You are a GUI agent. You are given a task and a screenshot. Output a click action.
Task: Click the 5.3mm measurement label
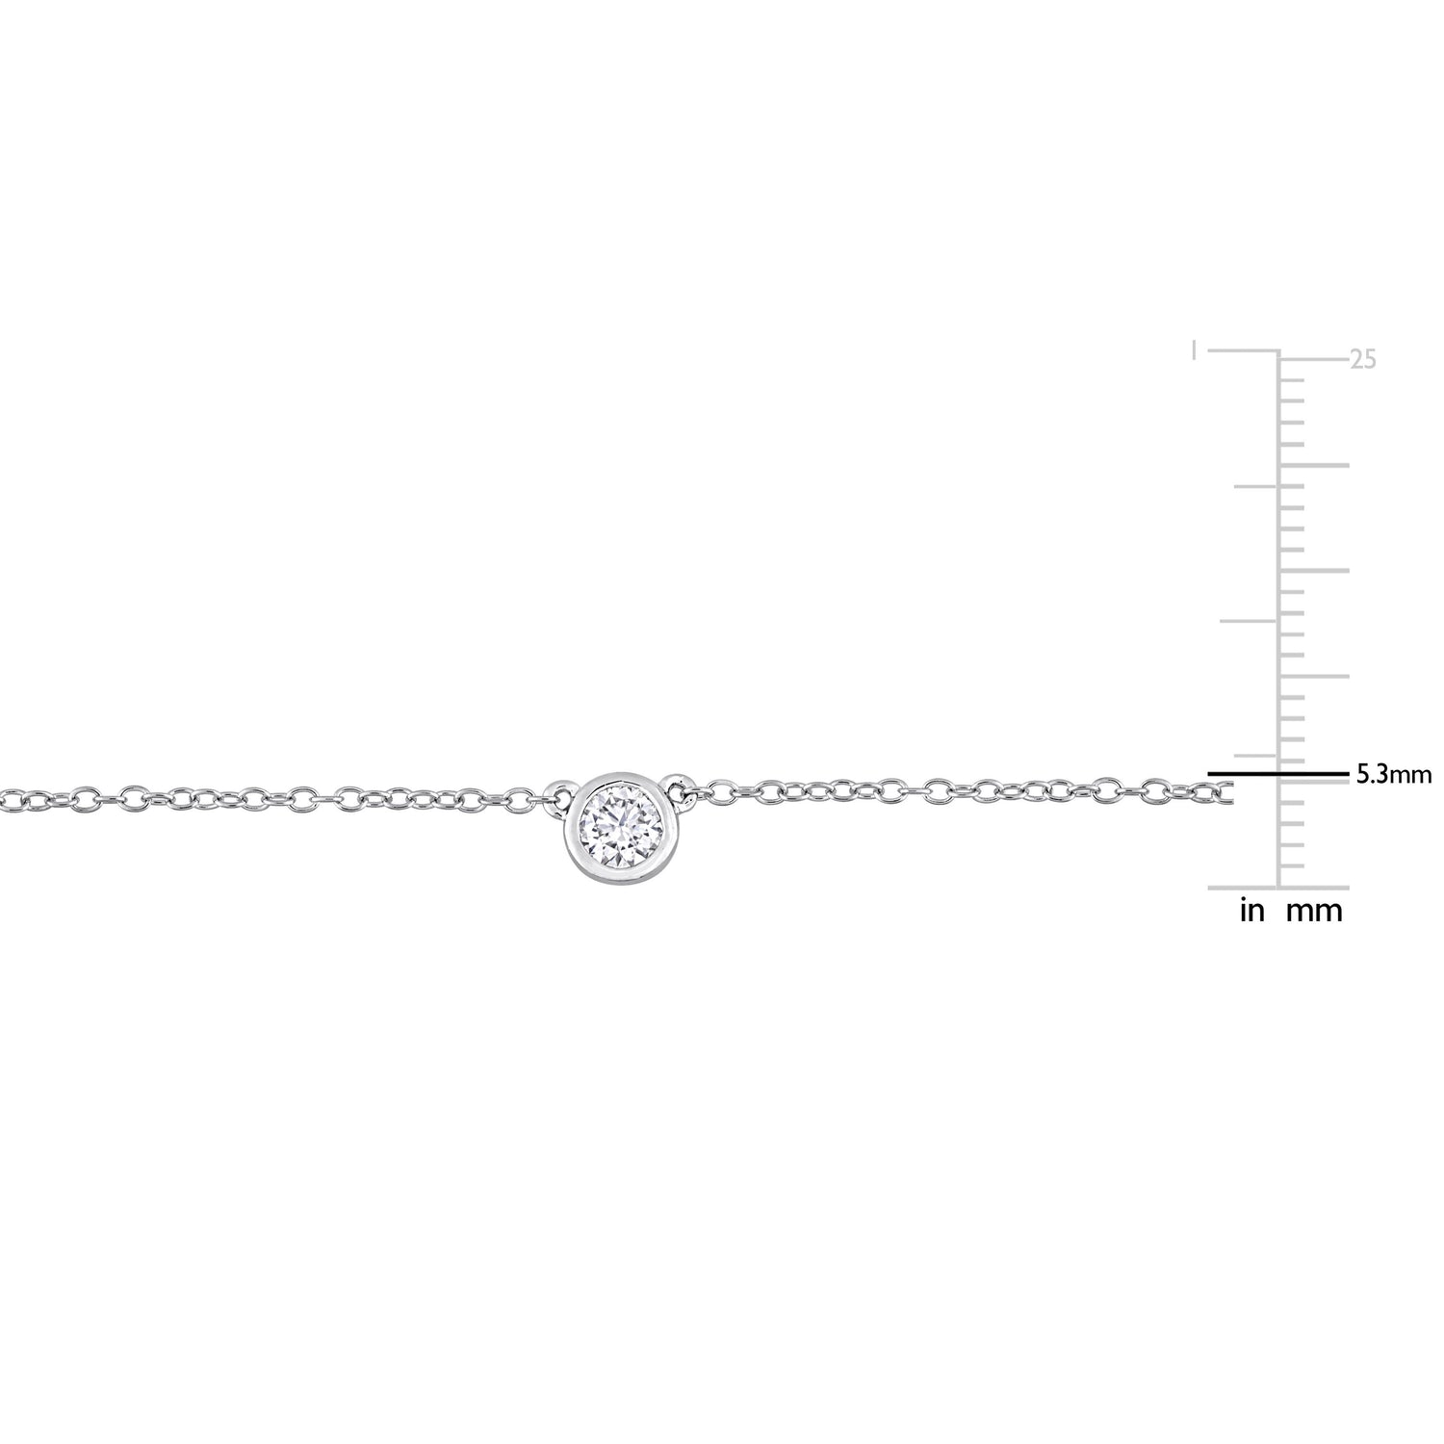coord(1394,774)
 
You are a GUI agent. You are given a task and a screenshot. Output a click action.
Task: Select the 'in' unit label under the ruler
coord(1251,912)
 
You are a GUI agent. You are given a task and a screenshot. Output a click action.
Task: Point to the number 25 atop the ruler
coord(1362,360)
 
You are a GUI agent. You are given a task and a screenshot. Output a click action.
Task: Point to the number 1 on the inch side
coord(1195,348)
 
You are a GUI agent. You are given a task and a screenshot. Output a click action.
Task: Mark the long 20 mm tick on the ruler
coord(1313,465)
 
